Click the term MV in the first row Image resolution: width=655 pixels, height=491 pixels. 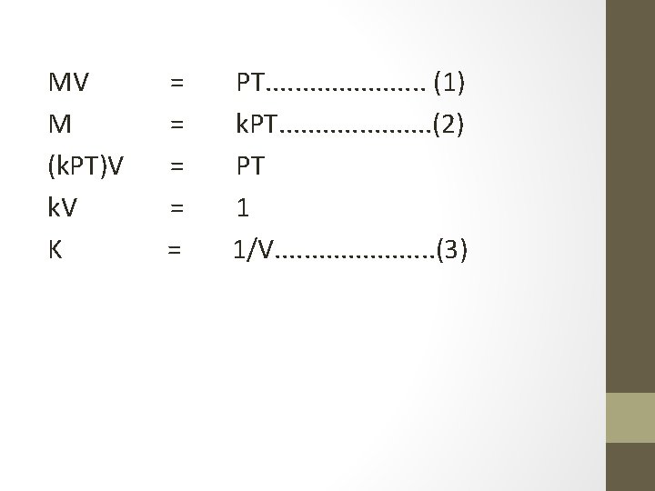click(x=68, y=84)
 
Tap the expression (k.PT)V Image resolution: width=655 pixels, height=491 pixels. click(x=86, y=166)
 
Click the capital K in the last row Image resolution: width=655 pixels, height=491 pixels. click(x=55, y=249)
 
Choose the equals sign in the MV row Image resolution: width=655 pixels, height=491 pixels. click(x=177, y=84)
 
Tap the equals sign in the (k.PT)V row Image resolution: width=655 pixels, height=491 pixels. click(x=177, y=166)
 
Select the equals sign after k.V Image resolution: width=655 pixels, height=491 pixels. click(x=177, y=208)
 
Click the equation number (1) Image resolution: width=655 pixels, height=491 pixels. click(x=450, y=84)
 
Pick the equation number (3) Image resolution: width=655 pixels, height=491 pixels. click(x=452, y=249)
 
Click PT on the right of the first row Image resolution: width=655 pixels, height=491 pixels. click(x=251, y=84)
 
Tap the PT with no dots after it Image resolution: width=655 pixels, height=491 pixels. click(x=251, y=166)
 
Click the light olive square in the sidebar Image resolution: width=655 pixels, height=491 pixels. click(x=630, y=417)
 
